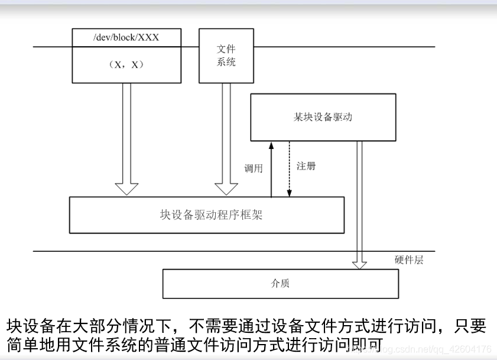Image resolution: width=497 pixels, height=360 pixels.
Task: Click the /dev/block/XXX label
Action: point(126,37)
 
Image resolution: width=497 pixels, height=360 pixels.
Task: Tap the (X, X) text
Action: point(126,65)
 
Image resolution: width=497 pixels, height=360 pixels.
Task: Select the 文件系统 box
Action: point(226,56)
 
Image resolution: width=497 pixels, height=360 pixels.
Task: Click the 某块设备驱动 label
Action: point(323,117)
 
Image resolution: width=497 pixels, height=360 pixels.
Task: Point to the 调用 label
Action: point(253,168)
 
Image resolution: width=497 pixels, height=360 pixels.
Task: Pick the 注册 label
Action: point(306,166)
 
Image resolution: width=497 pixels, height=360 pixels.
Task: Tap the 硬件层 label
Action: point(409,260)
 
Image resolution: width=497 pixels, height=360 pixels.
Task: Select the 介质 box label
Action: point(280,284)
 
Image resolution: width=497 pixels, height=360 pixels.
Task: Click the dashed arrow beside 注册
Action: point(289,168)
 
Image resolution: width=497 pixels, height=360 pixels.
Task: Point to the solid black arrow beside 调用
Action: point(271,171)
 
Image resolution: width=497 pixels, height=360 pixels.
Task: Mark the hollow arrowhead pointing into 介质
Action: point(359,263)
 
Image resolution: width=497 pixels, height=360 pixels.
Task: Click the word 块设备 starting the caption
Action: point(26,326)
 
